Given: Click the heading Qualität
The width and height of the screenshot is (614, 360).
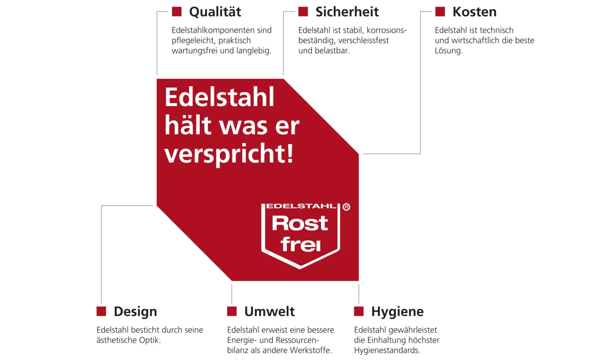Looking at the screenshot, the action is tap(215, 12).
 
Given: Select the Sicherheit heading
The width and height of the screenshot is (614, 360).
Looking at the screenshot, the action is tap(347, 12).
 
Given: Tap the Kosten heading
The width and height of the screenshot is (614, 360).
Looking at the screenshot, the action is tap(474, 12).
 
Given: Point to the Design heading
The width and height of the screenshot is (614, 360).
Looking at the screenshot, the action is tap(135, 312).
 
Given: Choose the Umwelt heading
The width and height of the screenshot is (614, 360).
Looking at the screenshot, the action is tap(269, 312).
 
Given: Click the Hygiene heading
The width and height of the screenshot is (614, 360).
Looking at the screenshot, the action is tap(397, 312).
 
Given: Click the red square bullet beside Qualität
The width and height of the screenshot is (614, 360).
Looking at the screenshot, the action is tap(176, 12).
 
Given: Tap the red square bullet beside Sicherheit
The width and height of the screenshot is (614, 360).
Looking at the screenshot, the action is tap(303, 12).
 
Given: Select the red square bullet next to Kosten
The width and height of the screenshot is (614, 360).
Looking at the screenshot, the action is tap(440, 12).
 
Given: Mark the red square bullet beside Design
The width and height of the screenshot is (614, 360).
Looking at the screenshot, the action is tap(101, 312).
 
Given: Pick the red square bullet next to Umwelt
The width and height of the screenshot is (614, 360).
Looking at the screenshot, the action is tap(232, 312).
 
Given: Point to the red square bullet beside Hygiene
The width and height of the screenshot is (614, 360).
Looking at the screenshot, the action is tap(359, 312).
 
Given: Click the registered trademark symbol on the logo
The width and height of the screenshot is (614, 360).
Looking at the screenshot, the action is tap(346, 207).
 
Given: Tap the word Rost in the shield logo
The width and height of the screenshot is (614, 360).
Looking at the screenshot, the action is tap(300, 223).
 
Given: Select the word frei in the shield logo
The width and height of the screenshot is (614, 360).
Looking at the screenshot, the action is tap(300, 244).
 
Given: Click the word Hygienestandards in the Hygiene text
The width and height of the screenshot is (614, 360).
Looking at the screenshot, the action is tap(387, 351).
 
